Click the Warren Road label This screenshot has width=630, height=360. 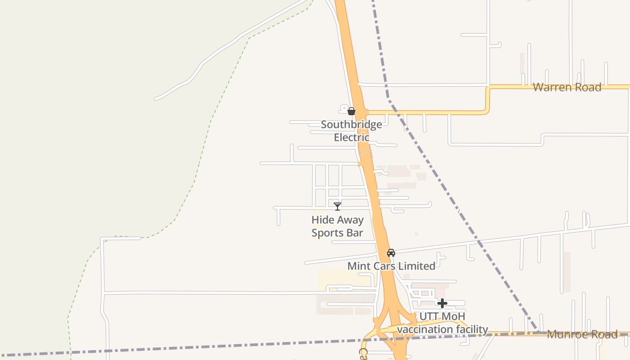click(567, 87)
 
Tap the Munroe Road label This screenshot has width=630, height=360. click(582, 334)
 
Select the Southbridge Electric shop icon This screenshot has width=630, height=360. click(351, 111)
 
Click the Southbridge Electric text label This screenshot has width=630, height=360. click(351, 131)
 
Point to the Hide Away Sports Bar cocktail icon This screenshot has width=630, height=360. click(337, 207)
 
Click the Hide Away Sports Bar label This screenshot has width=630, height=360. click(337, 226)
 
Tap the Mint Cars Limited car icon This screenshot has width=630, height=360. click(391, 253)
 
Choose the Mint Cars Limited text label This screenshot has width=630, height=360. click(391, 266)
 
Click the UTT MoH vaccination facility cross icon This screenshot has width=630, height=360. click(442, 303)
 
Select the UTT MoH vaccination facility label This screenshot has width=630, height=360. click(442, 323)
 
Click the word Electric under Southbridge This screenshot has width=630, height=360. click(351, 137)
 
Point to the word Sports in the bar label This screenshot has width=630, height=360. click(328, 233)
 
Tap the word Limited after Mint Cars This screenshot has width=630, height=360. click(417, 266)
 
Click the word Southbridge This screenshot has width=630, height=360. click(351, 125)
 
